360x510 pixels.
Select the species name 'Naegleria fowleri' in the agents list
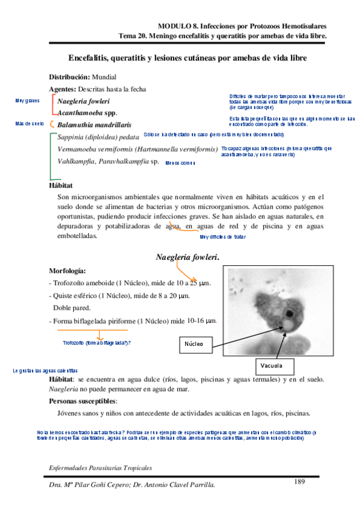point(84,101)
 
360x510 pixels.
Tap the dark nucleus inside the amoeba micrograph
point(288,313)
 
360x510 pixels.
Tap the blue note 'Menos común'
point(180,163)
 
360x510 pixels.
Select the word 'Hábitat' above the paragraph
point(61,186)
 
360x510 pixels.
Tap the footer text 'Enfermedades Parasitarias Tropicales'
point(100,467)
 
